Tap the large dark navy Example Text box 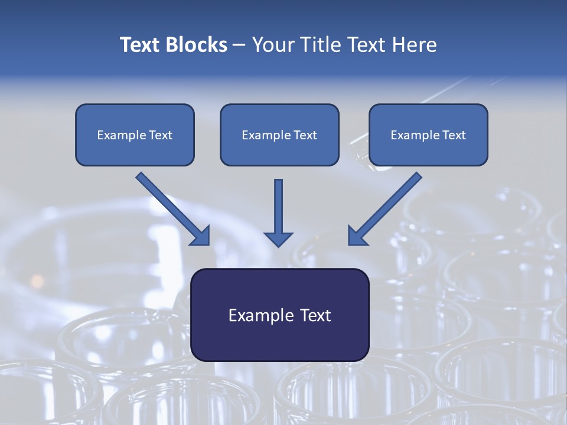(x=279, y=339)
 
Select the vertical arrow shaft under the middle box (x=278, y=204)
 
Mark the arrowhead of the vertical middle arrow (x=278, y=239)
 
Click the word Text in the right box (x=454, y=135)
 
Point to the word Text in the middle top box (x=305, y=135)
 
